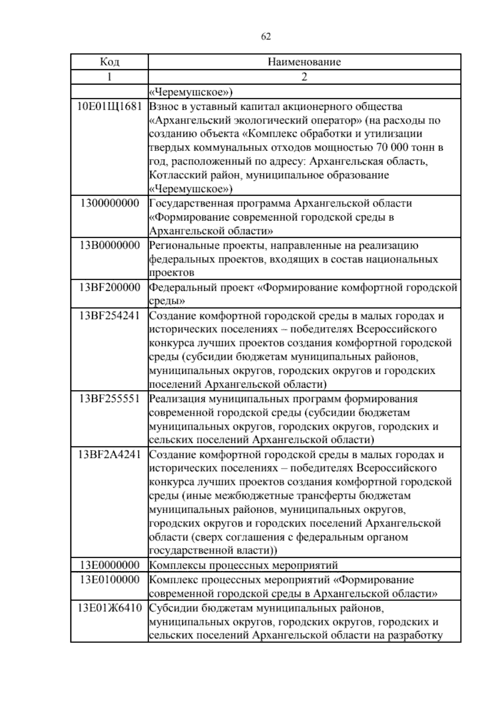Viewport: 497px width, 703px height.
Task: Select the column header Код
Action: click(109, 62)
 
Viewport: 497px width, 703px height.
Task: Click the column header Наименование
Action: click(304, 62)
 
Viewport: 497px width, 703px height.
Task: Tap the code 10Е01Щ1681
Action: click(109, 107)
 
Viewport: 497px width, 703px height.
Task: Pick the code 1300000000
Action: click(109, 203)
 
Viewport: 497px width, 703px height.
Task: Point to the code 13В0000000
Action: click(109, 245)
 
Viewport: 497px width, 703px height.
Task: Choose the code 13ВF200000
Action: click(109, 287)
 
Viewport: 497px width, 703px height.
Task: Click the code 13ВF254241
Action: click(109, 315)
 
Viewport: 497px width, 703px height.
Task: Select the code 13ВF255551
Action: click(109, 399)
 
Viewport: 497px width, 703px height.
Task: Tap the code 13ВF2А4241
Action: click(109, 454)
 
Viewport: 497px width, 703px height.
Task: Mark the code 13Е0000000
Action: click(109, 565)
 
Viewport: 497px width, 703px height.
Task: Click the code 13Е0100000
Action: click(109, 579)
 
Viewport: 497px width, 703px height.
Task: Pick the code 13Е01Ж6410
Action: click(109, 608)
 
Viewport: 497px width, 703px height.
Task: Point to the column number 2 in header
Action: click(304, 77)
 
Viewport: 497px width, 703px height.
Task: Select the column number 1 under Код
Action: click(109, 77)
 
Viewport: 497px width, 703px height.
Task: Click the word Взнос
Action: click(163, 107)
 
